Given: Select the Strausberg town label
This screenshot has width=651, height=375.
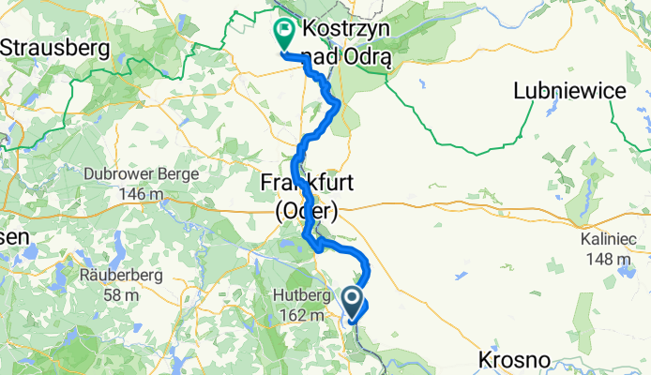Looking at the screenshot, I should click(x=55, y=44).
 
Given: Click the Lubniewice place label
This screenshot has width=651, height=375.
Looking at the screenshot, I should click(x=568, y=90).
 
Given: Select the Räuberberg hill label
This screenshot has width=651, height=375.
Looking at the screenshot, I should click(x=122, y=277).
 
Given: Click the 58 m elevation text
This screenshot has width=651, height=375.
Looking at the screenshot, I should click(x=122, y=295).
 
